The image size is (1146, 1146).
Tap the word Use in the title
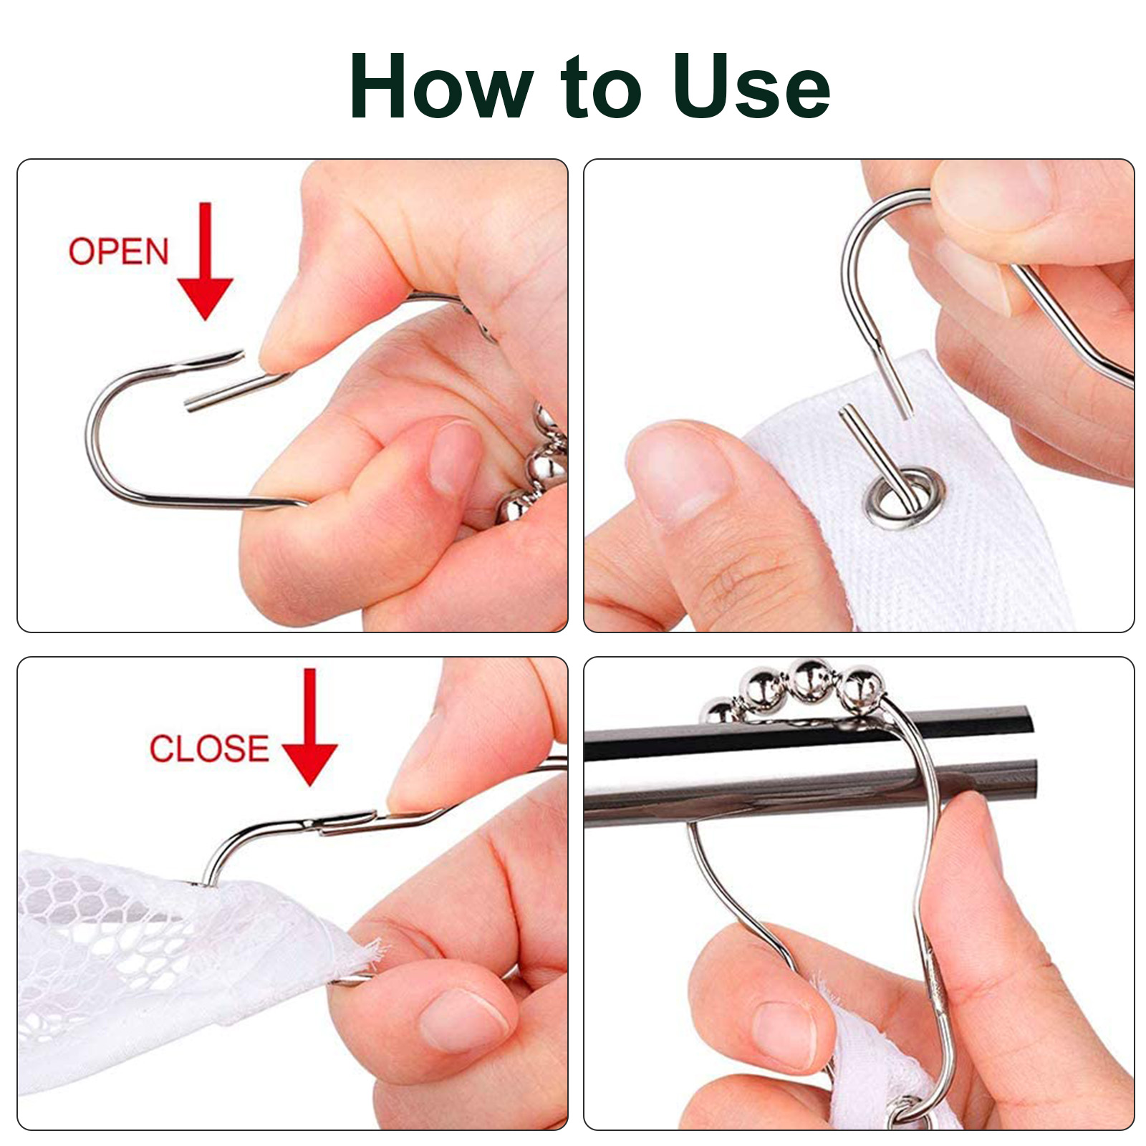pos(751,86)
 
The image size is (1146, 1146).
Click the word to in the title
pos(602,87)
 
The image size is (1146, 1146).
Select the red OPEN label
pos(118,251)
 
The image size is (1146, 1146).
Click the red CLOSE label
pos(209,748)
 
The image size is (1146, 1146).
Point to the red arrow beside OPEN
pos(206,261)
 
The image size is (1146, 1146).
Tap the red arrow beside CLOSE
pos(309,727)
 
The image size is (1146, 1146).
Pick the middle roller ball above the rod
pos(812,678)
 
